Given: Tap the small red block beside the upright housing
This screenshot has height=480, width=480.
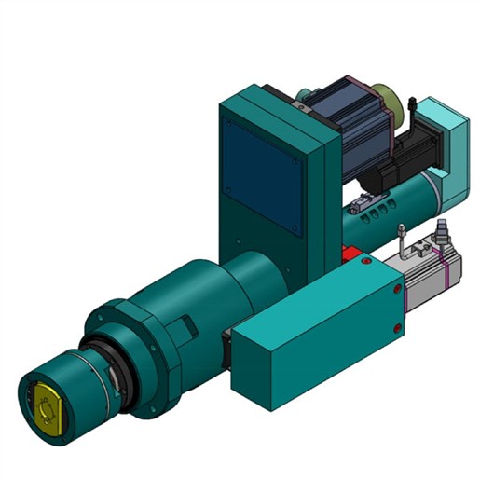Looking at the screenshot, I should (351, 254).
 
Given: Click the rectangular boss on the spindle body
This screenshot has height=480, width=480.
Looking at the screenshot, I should (187, 327).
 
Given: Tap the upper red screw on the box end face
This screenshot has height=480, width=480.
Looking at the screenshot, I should (398, 290).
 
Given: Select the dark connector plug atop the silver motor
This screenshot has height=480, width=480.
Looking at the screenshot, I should (441, 229).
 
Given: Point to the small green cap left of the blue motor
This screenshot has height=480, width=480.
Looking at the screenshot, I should (304, 92).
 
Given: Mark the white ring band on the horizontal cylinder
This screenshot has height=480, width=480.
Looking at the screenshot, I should (432, 182).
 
